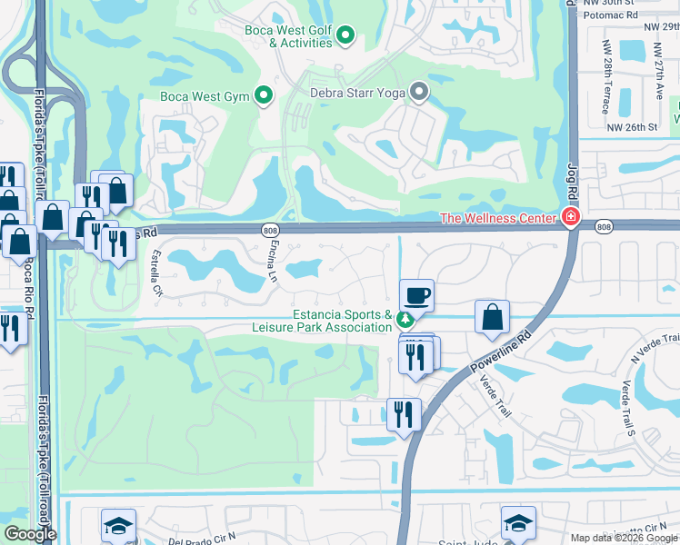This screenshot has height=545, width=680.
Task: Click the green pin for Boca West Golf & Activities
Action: tap(345, 36)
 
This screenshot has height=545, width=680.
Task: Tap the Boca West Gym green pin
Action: tap(264, 94)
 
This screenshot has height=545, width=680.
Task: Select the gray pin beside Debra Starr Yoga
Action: tap(419, 91)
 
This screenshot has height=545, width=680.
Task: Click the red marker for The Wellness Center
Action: tap(570, 217)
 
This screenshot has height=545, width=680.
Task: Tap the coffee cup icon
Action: tap(417, 295)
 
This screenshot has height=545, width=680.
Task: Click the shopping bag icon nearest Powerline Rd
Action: tap(492, 316)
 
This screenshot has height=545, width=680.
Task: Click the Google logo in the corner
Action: tap(29, 534)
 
